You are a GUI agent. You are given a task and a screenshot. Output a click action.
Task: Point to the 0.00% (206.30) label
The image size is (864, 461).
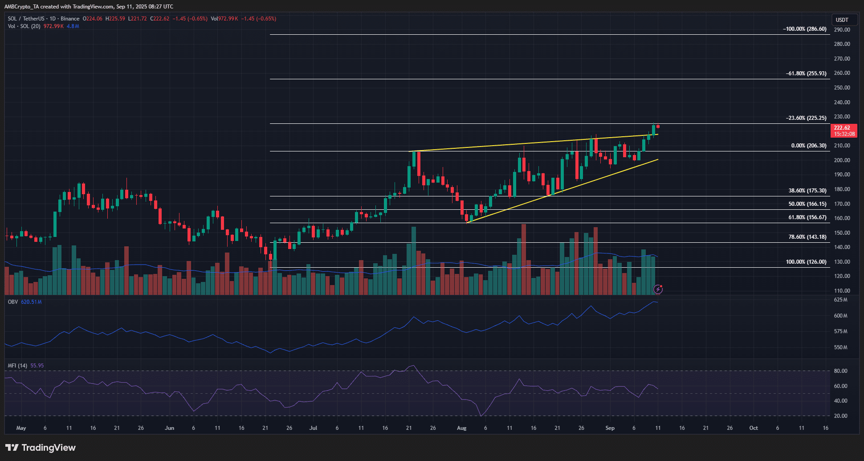click(x=808, y=146)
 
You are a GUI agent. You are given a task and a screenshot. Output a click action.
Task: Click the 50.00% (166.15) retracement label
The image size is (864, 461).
click(x=807, y=204)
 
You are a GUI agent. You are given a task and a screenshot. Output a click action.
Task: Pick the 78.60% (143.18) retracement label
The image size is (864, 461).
click(x=807, y=237)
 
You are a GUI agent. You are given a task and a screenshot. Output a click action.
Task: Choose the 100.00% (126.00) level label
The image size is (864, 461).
click(x=806, y=262)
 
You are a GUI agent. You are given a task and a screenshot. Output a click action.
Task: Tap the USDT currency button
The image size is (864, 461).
click(x=842, y=20)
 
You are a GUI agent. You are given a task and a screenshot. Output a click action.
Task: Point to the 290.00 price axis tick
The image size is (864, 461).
click(x=842, y=30)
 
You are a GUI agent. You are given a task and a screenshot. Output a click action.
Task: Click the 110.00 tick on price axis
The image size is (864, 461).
click(x=842, y=291)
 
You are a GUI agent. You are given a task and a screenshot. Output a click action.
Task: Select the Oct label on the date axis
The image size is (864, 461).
click(x=753, y=428)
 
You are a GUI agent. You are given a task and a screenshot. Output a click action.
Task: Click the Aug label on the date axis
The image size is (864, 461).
click(x=461, y=428)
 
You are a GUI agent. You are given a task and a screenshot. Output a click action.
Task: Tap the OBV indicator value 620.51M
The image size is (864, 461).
click(x=31, y=302)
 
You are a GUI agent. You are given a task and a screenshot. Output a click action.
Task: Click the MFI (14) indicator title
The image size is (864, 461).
click(x=17, y=366)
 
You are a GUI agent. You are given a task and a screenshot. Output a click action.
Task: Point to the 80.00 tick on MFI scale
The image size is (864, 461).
click(x=840, y=371)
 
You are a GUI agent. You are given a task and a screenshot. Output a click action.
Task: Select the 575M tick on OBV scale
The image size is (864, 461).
click(x=840, y=331)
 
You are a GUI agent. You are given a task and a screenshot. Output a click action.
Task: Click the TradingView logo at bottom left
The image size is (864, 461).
click(x=41, y=448)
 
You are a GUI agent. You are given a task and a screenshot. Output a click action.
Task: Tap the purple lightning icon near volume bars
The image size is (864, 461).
click(x=658, y=290)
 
